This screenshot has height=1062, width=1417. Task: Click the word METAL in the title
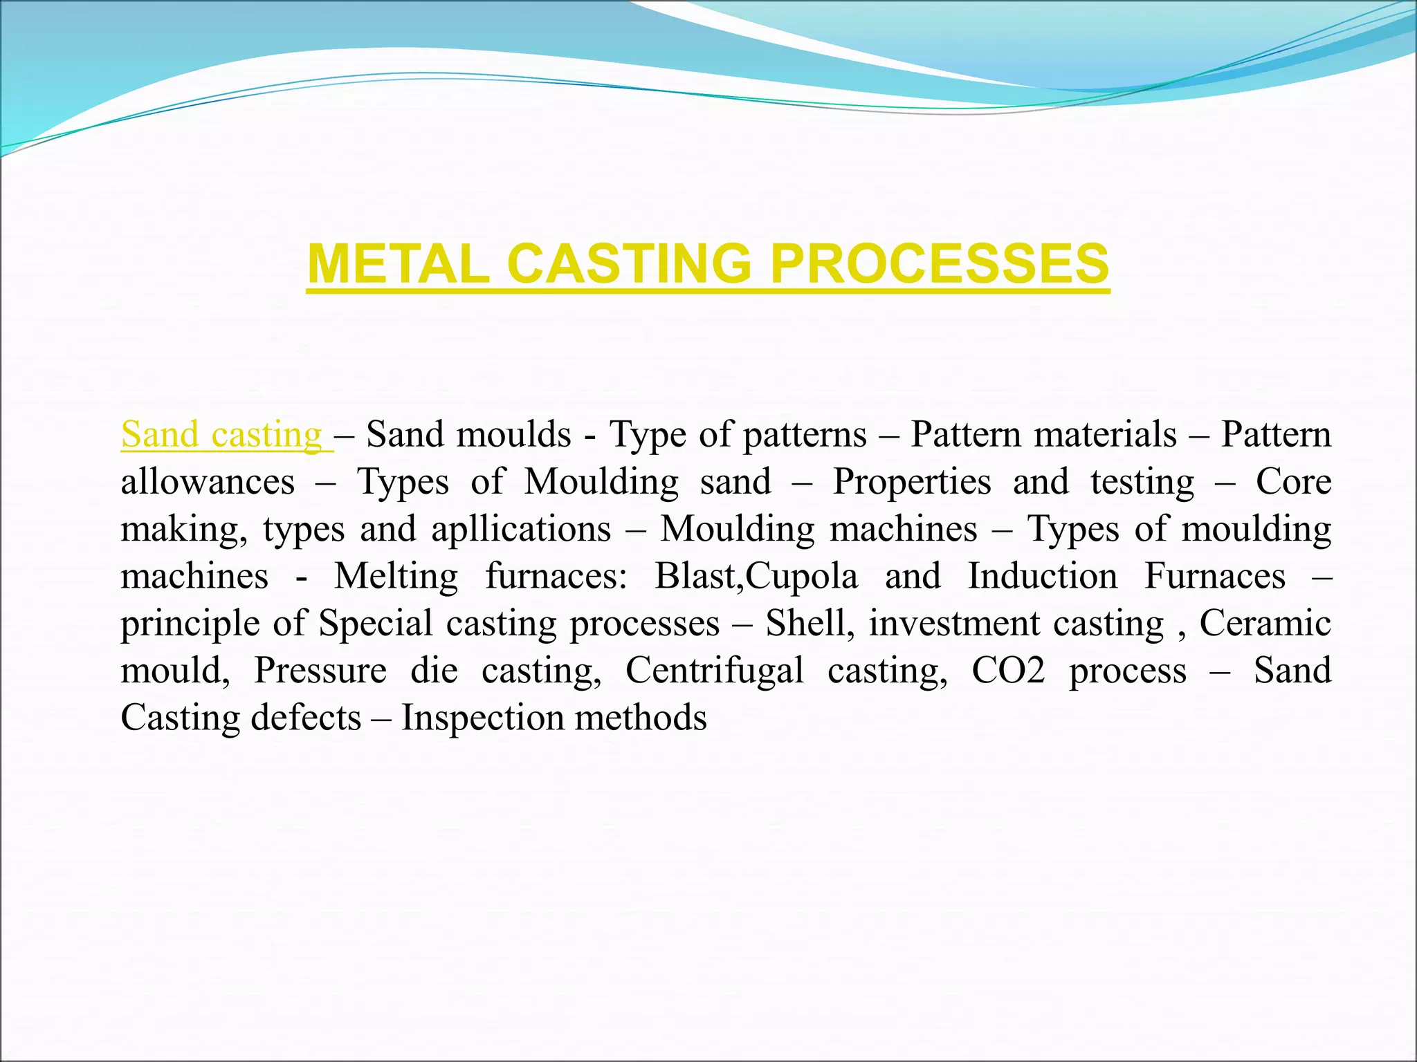click(398, 263)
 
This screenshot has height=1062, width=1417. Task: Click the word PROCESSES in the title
click(939, 263)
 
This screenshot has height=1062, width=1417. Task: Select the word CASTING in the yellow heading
click(629, 263)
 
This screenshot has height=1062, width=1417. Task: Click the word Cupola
click(802, 576)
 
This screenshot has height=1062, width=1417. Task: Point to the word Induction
click(1042, 576)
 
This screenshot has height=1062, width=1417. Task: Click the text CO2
click(1008, 670)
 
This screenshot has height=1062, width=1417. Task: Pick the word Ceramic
click(1265, 623)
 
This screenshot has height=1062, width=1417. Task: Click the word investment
click(954, 623)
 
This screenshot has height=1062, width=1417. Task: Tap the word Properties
click(911, 482)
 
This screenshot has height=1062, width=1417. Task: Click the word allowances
click(208, 482)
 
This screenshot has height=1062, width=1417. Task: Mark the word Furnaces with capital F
click(1214, 576)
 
